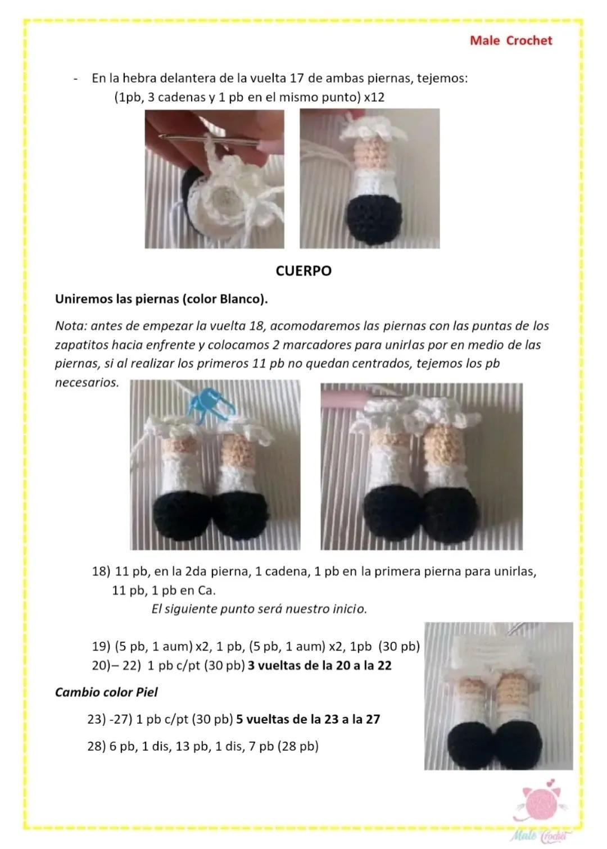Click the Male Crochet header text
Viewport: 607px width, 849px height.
tap(511, 40)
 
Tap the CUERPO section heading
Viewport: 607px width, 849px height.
tap(303, 271)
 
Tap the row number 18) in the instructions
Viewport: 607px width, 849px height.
tap(101, 571)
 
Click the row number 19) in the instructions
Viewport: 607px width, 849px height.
tap(101, 646)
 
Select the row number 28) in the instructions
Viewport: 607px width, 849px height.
tap(97, 746)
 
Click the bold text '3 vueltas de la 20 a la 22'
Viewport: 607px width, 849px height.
tap(320, 665)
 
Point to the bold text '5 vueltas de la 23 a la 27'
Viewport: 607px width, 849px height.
tap(308, 719)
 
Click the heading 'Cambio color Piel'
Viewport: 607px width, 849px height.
tap(106, 692)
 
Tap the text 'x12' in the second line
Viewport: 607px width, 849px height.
tap(374, 97)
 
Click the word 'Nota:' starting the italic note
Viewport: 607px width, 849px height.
tap(71, 326)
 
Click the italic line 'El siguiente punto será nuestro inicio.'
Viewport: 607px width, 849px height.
tap(259, 609)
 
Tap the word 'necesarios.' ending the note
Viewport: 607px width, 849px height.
tap(87, 383)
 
